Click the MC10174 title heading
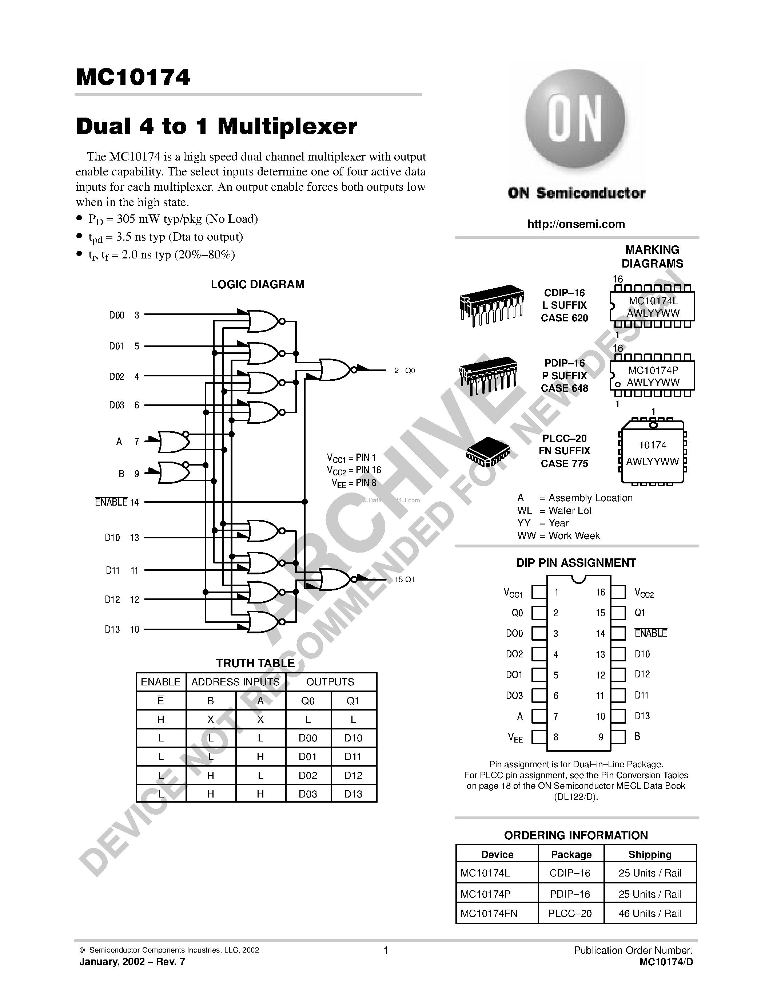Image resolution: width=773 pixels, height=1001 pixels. pos(133,77)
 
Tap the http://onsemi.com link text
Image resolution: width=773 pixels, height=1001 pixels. pos(575,224)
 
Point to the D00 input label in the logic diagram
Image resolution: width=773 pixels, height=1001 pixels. pos(116,315)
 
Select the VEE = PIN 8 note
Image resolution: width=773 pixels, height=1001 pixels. pos(354,483)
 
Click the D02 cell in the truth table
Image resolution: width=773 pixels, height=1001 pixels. pos(308,775)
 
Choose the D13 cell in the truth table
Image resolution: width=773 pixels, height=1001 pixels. pos(353,794)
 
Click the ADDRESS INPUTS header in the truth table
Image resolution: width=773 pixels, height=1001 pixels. pos(235,682)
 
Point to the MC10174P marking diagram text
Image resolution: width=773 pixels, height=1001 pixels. pos(653,370)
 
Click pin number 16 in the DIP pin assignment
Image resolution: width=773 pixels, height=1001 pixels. pos(600,592)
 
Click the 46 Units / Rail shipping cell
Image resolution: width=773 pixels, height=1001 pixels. pos(650,914)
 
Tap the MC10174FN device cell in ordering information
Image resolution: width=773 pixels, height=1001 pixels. pos(489,914)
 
